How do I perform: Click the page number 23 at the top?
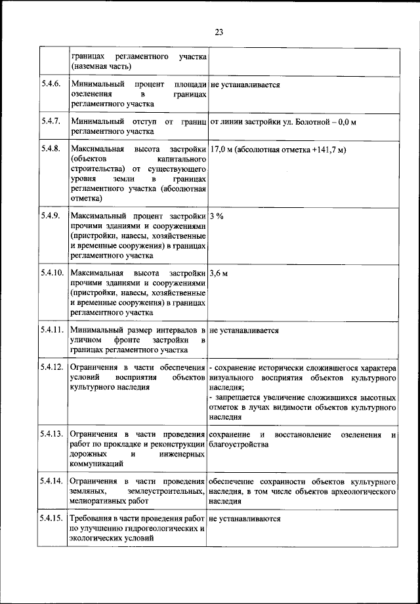(x=219, y=32)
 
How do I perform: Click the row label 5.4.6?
(x=51, y=85)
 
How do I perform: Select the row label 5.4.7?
(x=51, y=121)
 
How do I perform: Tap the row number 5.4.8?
(x=51, y=150)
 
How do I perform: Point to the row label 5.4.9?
(x=51, y=216)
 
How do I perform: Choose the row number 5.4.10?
(x=52, y=272)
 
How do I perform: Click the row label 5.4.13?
(x=52, y=435)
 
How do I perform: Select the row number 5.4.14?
(x=52, y=481)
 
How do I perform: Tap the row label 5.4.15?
(x=52, y=519)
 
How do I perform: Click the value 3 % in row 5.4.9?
(x=217, y=216)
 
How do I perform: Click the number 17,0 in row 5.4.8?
(x=221, y=150)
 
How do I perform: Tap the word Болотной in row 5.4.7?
(x=310, y=121)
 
